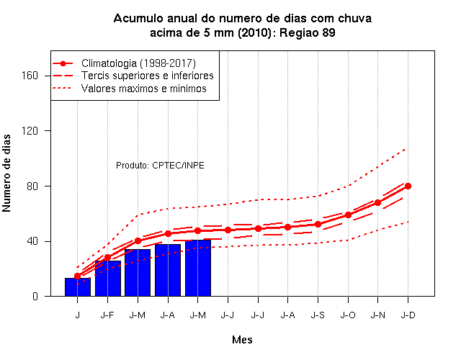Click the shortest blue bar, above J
pos(78,287)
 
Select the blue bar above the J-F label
pos(108,279)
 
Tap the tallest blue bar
pos(198,268)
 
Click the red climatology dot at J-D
pos(408,186)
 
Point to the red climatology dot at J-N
pos(377,203)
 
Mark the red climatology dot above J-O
pos(348,215)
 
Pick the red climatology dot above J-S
pos(318,224)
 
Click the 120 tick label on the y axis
pos(30,131)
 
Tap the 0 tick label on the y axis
pos(35,296)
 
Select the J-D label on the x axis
pos(408,315)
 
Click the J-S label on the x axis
pos(318,315)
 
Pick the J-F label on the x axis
pos(107,315)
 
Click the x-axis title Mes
pos(242,340)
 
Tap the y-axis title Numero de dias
pos(6,173)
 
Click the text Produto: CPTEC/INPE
pos(160,166)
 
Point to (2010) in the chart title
pos(254,32)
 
